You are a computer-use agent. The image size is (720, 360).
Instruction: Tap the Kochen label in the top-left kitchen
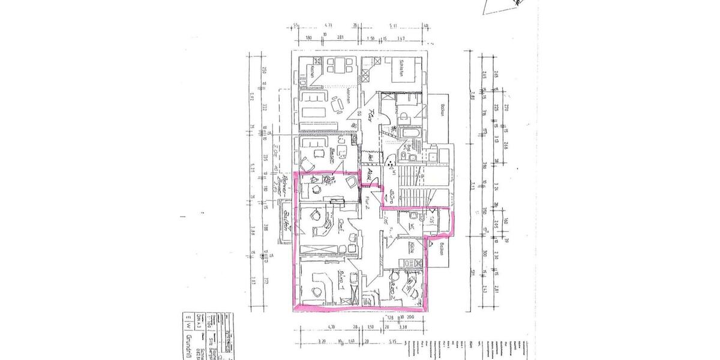tap(313, 71)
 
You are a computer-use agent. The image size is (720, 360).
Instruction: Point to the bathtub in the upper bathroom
tap(412, 131)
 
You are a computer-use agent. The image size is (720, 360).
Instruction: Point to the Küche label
tap(413, 247)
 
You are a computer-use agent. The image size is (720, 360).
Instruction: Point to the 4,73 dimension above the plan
tap(328, 25)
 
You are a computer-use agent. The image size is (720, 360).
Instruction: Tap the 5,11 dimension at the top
tap(393, 25)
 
